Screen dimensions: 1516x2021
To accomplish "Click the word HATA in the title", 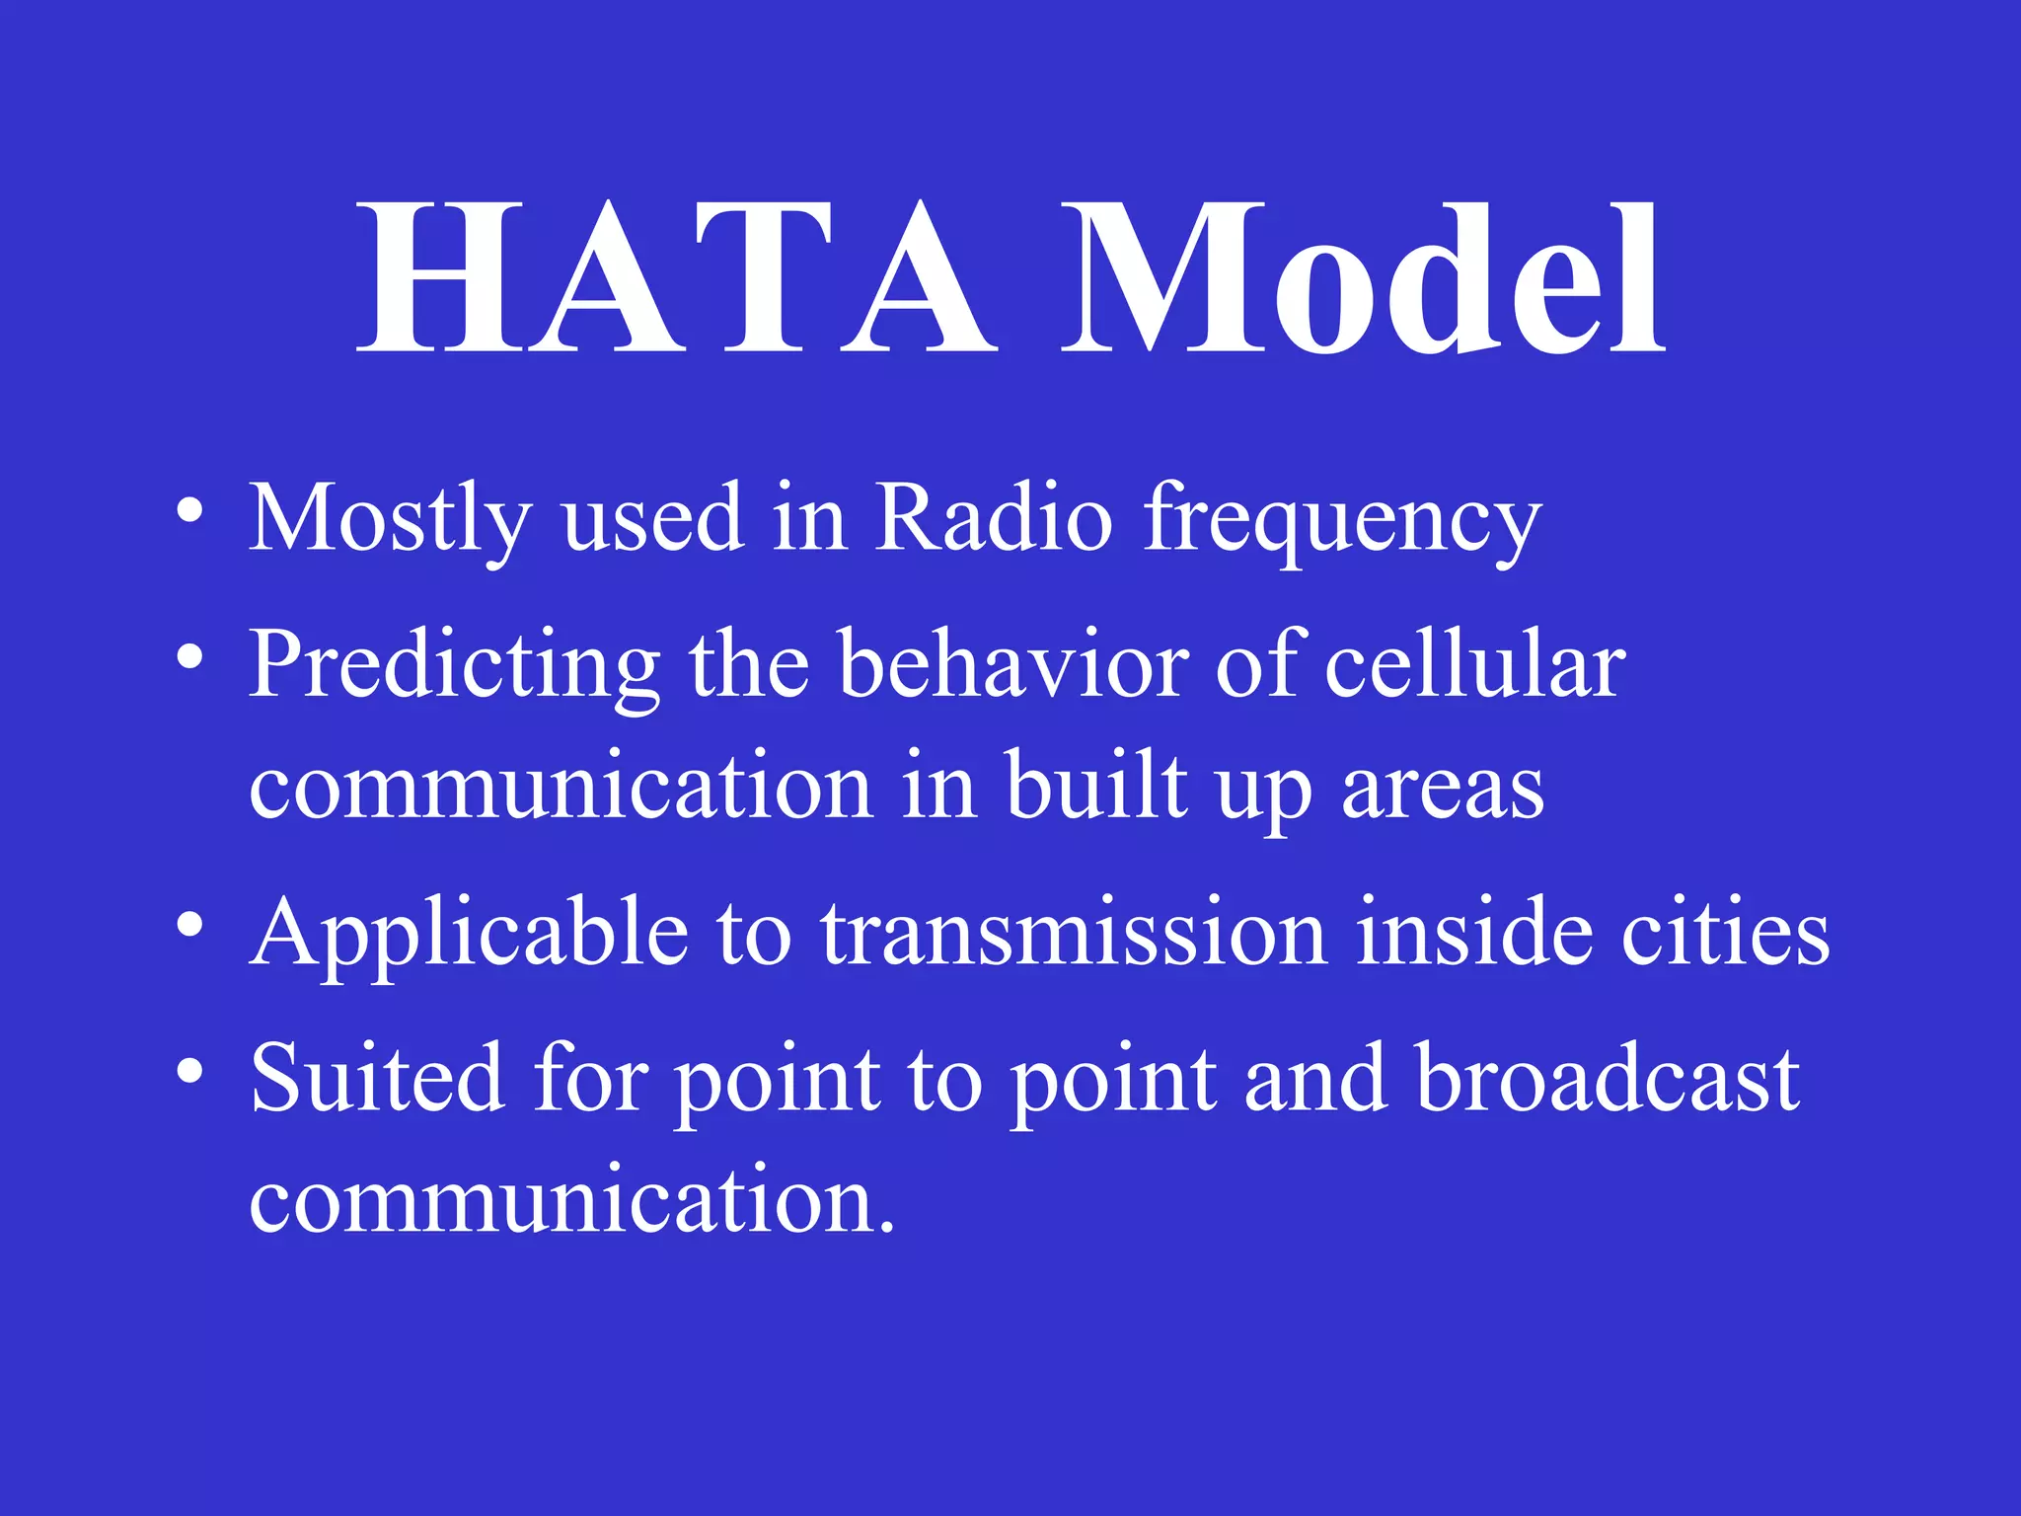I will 676,278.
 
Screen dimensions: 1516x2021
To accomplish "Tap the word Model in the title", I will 1363,278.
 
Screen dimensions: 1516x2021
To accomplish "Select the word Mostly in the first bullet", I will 391,519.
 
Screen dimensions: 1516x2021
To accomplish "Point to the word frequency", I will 1342,521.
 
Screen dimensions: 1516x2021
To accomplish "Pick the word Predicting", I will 455,666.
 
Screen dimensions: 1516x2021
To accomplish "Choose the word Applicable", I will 470,934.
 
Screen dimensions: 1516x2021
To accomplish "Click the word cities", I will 1726,932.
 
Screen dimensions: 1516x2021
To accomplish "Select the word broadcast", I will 1608,1078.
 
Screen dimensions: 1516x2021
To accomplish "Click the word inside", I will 1474,932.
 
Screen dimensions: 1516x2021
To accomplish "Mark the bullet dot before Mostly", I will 189,511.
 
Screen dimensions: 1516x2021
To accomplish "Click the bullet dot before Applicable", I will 189,925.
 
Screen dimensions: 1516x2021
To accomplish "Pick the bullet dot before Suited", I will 189,1071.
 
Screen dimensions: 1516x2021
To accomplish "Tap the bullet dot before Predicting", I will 189,656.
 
